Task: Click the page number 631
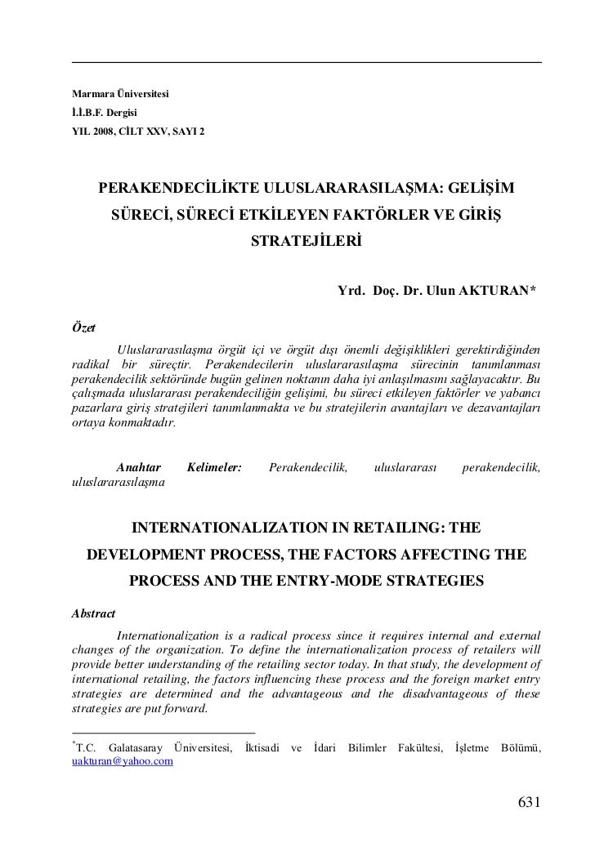530,802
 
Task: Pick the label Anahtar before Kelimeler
139,467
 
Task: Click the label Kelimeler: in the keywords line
214,467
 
